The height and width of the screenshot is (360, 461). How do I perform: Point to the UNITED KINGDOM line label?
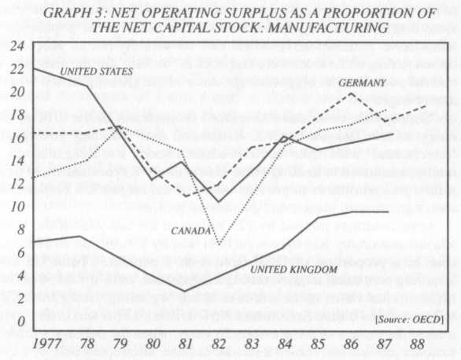pyautogui.click(x=293, y=270)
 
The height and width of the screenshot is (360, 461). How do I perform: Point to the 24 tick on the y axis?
pyautogui.click(x=18, y=46)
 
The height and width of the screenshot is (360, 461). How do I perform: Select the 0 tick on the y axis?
pyautogui.click(x=21, y=322)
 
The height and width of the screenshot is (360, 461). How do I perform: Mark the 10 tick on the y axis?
pyautogui.click(x=18, y=207)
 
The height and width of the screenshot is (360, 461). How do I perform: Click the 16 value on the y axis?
pyautogui.click(x=18, y=138)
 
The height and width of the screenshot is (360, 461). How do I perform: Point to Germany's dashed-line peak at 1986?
pyautogui.click(x=350, y=94)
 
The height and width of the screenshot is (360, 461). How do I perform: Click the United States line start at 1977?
pyautogui.click(x=34, y=69)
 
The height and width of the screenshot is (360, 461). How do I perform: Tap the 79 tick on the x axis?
pyautogui.click(x=117, y=344)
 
